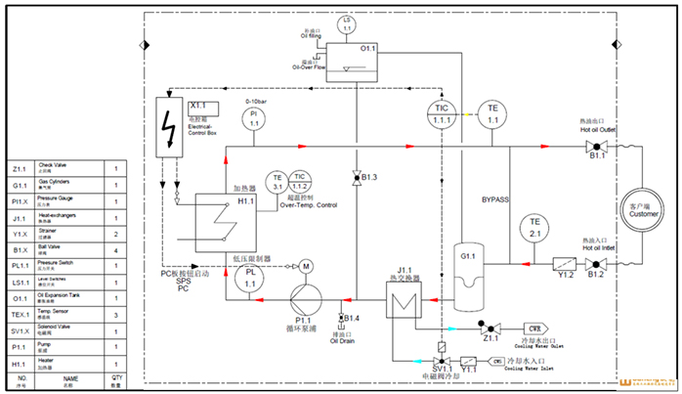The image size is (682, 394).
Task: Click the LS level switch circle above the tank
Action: click(x=345, y=22)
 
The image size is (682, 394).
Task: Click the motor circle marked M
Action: click(x=305, y=265)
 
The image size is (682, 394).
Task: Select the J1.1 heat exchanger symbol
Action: click(x=401, y=301)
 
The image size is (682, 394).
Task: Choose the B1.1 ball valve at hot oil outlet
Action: click(x=592, y=148)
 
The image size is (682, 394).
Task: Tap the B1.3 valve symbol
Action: click(x=356, y=177)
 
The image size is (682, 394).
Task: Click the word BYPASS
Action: click(x=495, y=199)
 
